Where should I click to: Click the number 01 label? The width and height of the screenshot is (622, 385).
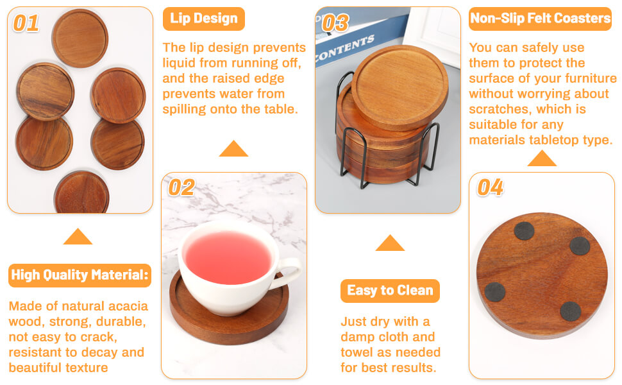point(26,23)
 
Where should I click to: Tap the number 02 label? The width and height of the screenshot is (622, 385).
point(181,187)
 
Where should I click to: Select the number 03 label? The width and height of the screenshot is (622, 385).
point(335,22)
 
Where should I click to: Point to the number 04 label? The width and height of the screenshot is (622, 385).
point(491,187)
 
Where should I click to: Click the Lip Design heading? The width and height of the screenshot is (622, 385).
point(203,19)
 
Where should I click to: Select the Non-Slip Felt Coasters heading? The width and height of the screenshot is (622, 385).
point(540,19)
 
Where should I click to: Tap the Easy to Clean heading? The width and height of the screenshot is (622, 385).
point(390,290)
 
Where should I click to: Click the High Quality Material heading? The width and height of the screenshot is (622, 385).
point(80,275)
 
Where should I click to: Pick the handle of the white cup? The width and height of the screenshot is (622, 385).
point(292,272)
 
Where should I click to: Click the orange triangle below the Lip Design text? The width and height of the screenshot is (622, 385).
point(233,150)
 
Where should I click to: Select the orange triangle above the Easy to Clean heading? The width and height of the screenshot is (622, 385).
point(390,243)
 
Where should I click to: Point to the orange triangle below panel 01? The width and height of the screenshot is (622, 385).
point(78,237)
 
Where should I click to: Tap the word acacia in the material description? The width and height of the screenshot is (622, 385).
point(126,305)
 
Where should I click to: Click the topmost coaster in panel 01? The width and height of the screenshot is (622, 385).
point(80,38)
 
